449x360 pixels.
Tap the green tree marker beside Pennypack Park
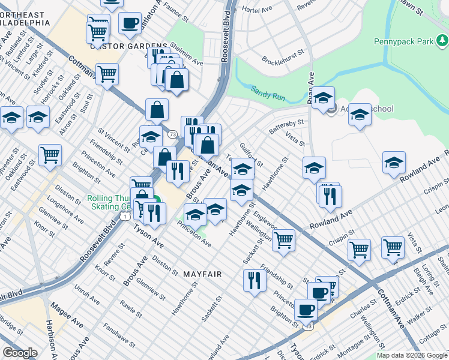[x=442, y=40]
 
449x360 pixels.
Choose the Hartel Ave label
[x=258, y=10]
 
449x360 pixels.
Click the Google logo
[x=20, y=353]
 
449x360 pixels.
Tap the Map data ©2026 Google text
[x=412, y=355]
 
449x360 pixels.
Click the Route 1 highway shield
[x=124, y=215]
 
